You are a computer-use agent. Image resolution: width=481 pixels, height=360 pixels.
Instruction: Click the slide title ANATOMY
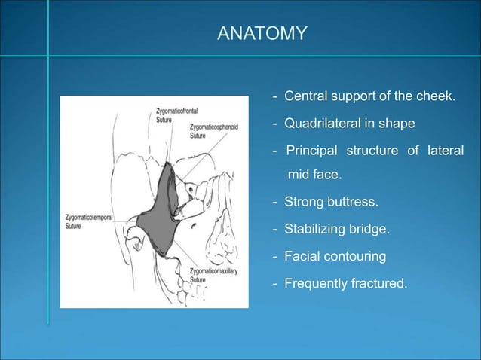coord(262,33)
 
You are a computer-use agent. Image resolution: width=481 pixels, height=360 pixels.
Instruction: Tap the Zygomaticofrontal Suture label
coord(167,115)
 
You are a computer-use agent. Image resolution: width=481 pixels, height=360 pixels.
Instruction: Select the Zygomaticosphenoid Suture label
coord(214,132)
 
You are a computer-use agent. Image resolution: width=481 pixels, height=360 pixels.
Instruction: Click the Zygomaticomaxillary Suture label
coord(216,274)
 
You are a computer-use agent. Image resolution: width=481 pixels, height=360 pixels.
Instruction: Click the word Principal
coord(311,151)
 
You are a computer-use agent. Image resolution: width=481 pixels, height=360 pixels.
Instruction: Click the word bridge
coord(368,229)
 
